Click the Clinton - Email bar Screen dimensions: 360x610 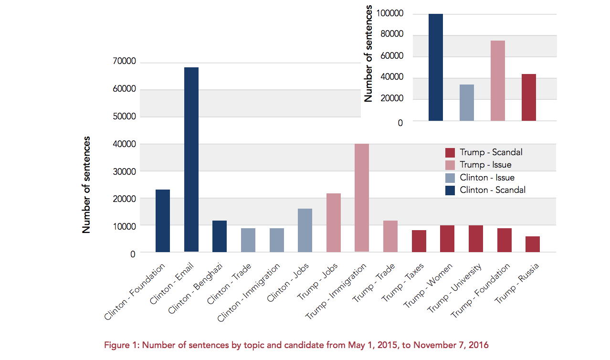[x=191, y=159]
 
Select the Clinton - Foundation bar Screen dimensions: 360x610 [x=163, y=221]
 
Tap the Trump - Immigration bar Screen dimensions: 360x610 [x=362, y=198]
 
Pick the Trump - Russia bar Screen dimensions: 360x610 [x=533, y=244]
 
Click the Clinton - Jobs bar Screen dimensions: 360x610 [x=305, y=230]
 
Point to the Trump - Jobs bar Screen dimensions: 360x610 [x=334, y=222]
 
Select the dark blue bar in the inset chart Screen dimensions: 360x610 [x=436, y=67]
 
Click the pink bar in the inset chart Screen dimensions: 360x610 [x=498, y=81]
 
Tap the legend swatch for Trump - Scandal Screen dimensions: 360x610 [x=450, y=153]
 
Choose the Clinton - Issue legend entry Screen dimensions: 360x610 [x=487, y=178]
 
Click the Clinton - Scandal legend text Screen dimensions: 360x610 [x=493, y=190]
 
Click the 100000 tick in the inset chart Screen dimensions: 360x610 [x=389, y=13]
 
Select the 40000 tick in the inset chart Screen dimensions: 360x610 [x=392, y=77]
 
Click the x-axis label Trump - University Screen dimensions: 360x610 [x=454, y=288]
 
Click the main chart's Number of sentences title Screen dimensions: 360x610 [x=86, y=185]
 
